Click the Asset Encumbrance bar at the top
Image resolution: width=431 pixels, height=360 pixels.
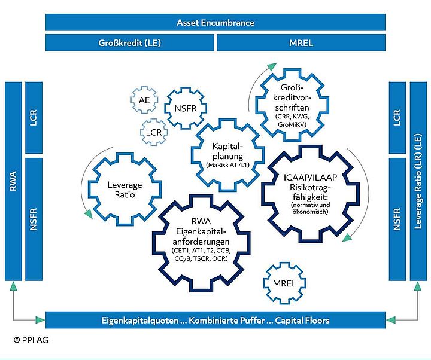215,23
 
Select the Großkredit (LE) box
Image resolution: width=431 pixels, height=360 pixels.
130,43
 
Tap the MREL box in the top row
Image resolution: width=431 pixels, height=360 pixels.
301,43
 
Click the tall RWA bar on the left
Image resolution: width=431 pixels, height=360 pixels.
13,181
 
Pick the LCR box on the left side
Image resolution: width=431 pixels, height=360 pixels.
34,117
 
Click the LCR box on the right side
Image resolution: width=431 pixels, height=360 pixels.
397,117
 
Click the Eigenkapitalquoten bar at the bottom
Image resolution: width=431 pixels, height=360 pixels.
215,320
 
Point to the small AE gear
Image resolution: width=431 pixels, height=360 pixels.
144,101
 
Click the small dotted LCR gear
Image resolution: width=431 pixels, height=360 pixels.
153,131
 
